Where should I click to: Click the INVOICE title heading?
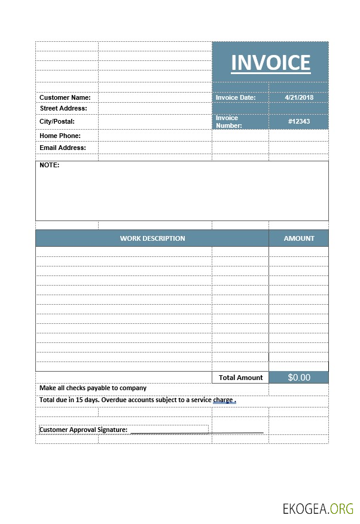coord(270,63)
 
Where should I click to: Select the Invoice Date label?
coord(236,97)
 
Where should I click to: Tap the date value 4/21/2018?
coord(299,97)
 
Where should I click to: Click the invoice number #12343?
coord(299,121)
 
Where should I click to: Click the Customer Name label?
coord(65,97)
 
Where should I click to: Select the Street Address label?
coord(63,108)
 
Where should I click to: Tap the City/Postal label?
coord(57,121)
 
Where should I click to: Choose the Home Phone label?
coord(60,136)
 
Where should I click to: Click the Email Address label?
coord(63,148)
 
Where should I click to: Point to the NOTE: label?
coord(50,165)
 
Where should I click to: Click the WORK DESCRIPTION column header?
coord(152,238)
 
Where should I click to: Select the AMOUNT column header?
coord(299,238)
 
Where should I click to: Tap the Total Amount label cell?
coord(240,378)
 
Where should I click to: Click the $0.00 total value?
coord(299,378)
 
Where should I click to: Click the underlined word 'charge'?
coord(223,400)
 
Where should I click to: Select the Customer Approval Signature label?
coord(83,430)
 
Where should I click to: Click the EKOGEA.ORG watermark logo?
coord(318,508)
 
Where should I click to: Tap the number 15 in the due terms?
coord(80,400)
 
